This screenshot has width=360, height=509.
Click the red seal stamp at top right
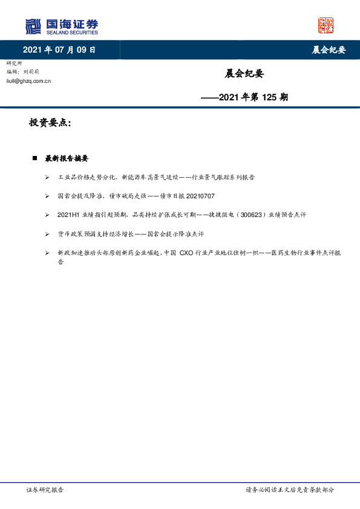[326, 25]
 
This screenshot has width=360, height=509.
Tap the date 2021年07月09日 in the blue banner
[59, 50]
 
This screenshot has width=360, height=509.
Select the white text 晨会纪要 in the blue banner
[328, 50]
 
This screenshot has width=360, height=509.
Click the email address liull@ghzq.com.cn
[28, 80]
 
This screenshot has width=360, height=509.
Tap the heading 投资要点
[50, 123]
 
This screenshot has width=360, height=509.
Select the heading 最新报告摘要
[67, 158]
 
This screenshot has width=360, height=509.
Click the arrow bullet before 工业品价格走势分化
[47, 178]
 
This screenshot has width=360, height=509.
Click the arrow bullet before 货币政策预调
[47, 233]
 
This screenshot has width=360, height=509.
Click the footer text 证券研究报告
[45, 490]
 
